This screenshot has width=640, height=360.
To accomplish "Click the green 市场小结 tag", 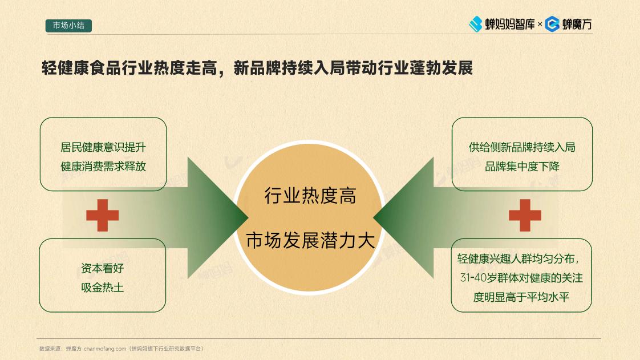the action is [x=68, y=26].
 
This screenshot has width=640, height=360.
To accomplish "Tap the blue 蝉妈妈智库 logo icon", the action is [x=475, y=24].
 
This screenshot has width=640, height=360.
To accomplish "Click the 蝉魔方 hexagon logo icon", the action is [x=552, y=24].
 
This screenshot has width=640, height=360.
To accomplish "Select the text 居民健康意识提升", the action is [x=103, y=147].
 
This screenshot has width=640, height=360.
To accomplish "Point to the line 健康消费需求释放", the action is [x=103, y=166].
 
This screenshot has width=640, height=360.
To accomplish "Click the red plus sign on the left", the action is [x=103, y=215].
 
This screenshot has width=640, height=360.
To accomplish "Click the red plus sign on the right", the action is [x=525, y=215].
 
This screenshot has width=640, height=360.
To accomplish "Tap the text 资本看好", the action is [x=103, y=268].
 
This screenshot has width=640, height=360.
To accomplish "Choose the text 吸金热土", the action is [x=103, y=288].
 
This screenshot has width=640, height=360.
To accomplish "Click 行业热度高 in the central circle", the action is [x=310, y=196].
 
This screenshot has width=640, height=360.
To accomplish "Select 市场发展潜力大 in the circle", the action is [x=310, y=240].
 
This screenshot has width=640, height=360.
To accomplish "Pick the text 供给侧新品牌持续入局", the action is [x=522, y=147].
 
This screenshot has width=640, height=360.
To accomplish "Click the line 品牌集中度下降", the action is [x=522, y=166].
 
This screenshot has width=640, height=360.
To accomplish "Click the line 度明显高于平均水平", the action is [x=521, y=297].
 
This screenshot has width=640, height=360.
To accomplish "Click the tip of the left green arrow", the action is [x=248, y=217].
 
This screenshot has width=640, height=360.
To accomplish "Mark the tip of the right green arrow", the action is [x=374, y=217].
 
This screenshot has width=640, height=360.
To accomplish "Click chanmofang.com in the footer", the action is [x=105, y=349].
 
